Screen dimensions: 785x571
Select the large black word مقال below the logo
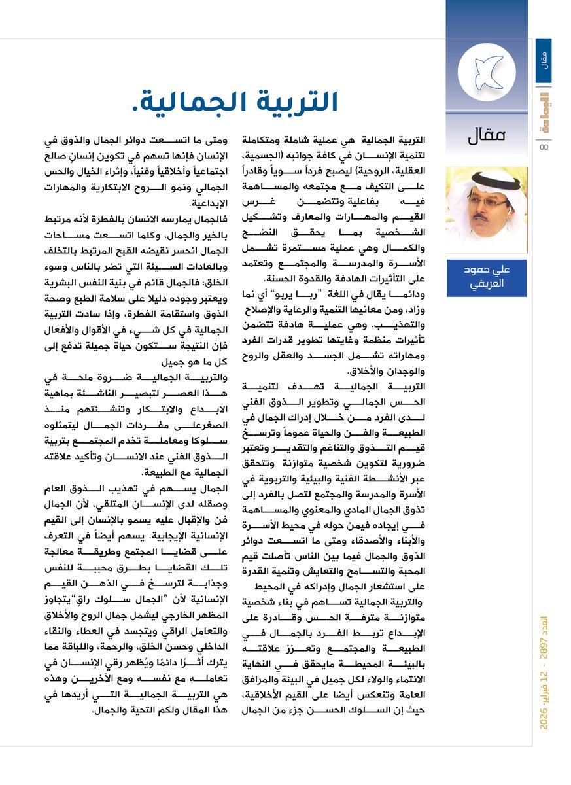pos(488,137)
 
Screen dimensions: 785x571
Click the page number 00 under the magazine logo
pos(544,147)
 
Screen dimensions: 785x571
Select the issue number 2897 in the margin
pos(544,658)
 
